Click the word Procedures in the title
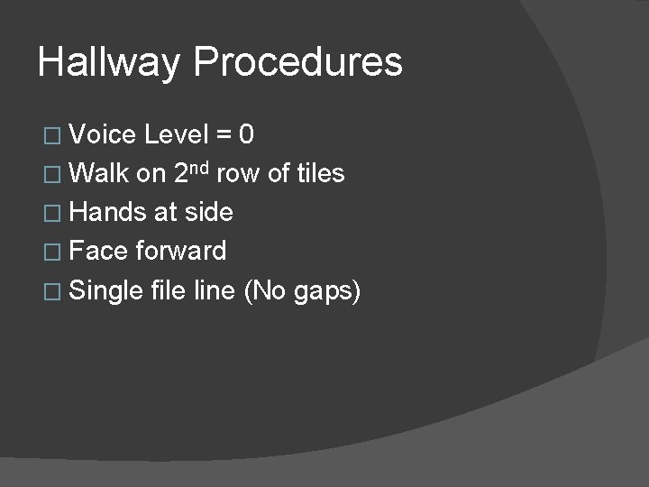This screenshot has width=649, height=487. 297,63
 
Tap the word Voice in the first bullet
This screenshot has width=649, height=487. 102,135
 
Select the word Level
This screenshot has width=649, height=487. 177,135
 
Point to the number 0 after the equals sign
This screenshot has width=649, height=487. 245,135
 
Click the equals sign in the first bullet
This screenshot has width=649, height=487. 223,136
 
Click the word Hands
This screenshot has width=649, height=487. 107,212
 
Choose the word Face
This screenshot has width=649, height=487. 98,251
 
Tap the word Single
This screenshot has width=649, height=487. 105,290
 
